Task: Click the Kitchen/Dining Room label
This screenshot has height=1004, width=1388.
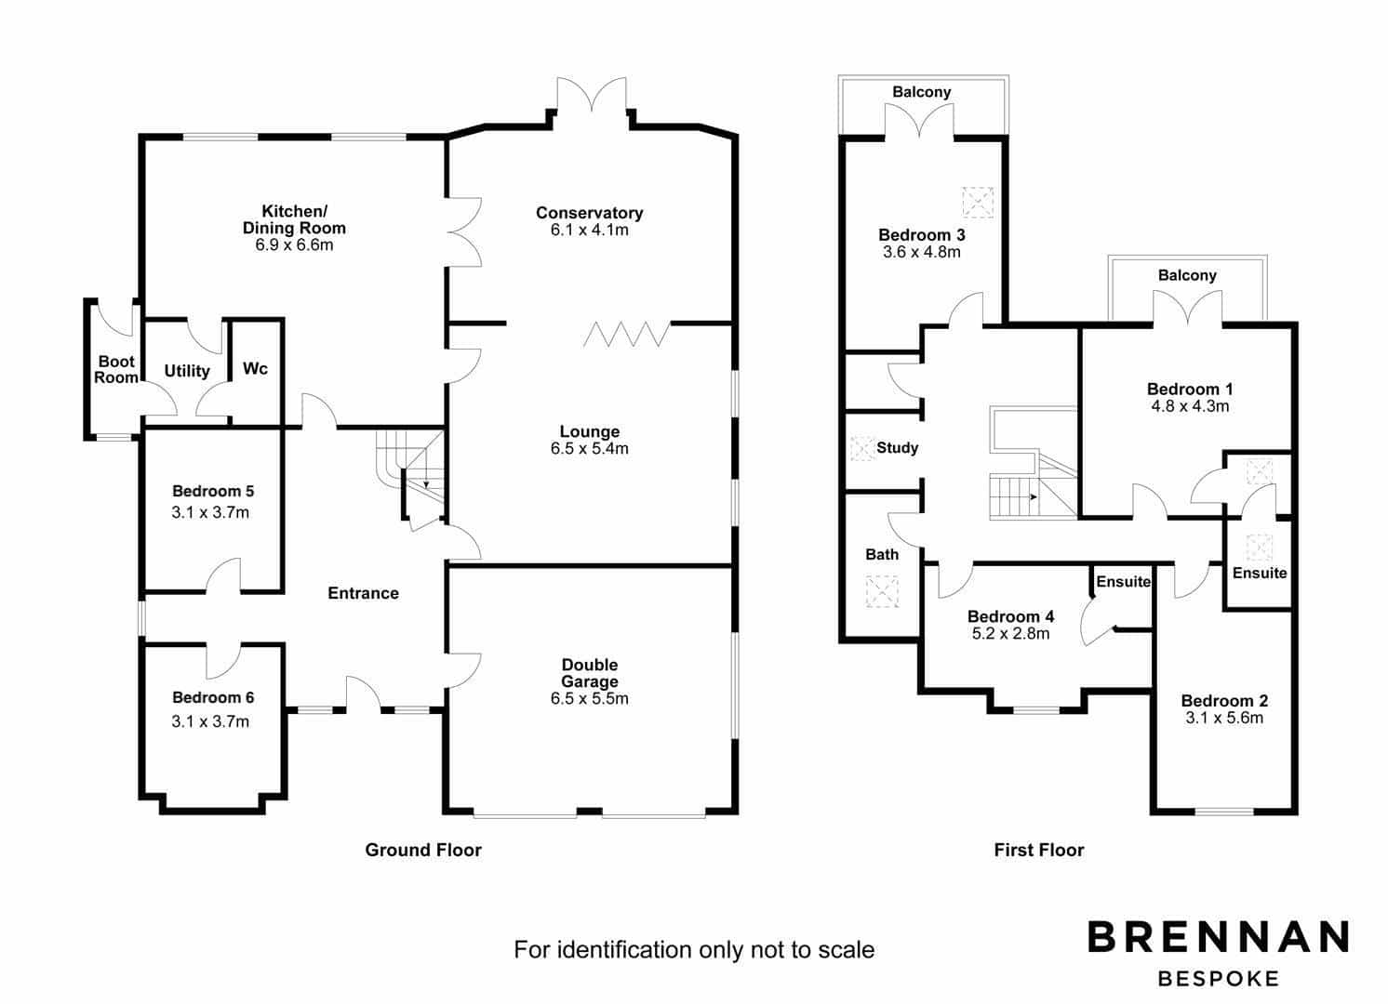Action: coord(294,220)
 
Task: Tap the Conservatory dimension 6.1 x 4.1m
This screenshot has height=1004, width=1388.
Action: coord(589,231)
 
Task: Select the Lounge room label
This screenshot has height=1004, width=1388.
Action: coord(589,431)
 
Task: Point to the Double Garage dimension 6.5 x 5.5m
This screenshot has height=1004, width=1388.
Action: coord(589,699)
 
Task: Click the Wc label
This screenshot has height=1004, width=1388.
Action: coord(255,368)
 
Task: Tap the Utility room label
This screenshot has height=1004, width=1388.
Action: coord(186,371)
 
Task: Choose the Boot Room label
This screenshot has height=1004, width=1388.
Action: coord(116,370)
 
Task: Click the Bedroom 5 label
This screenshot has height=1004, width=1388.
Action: coord(212,491)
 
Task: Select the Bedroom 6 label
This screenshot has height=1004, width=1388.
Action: coord(212,697)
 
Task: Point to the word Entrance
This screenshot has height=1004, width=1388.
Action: coord(363,593)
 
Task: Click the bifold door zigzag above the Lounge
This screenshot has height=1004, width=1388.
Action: coord(626,334)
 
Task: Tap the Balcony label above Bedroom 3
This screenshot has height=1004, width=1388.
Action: coord(921,92)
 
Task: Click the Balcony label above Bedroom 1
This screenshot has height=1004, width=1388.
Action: coord(1187,275)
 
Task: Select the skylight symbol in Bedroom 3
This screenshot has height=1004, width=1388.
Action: coord(978,203)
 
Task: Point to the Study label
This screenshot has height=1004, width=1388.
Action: coord(897,448)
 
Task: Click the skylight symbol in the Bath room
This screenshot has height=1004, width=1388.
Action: coord(882,591)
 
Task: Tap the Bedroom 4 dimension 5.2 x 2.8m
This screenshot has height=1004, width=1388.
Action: coord(1010,634)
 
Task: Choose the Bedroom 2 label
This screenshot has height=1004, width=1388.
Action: coord(1223,701)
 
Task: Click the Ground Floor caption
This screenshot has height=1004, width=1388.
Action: coord(423,850)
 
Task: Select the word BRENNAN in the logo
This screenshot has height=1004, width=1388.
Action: coord(1218,936)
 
